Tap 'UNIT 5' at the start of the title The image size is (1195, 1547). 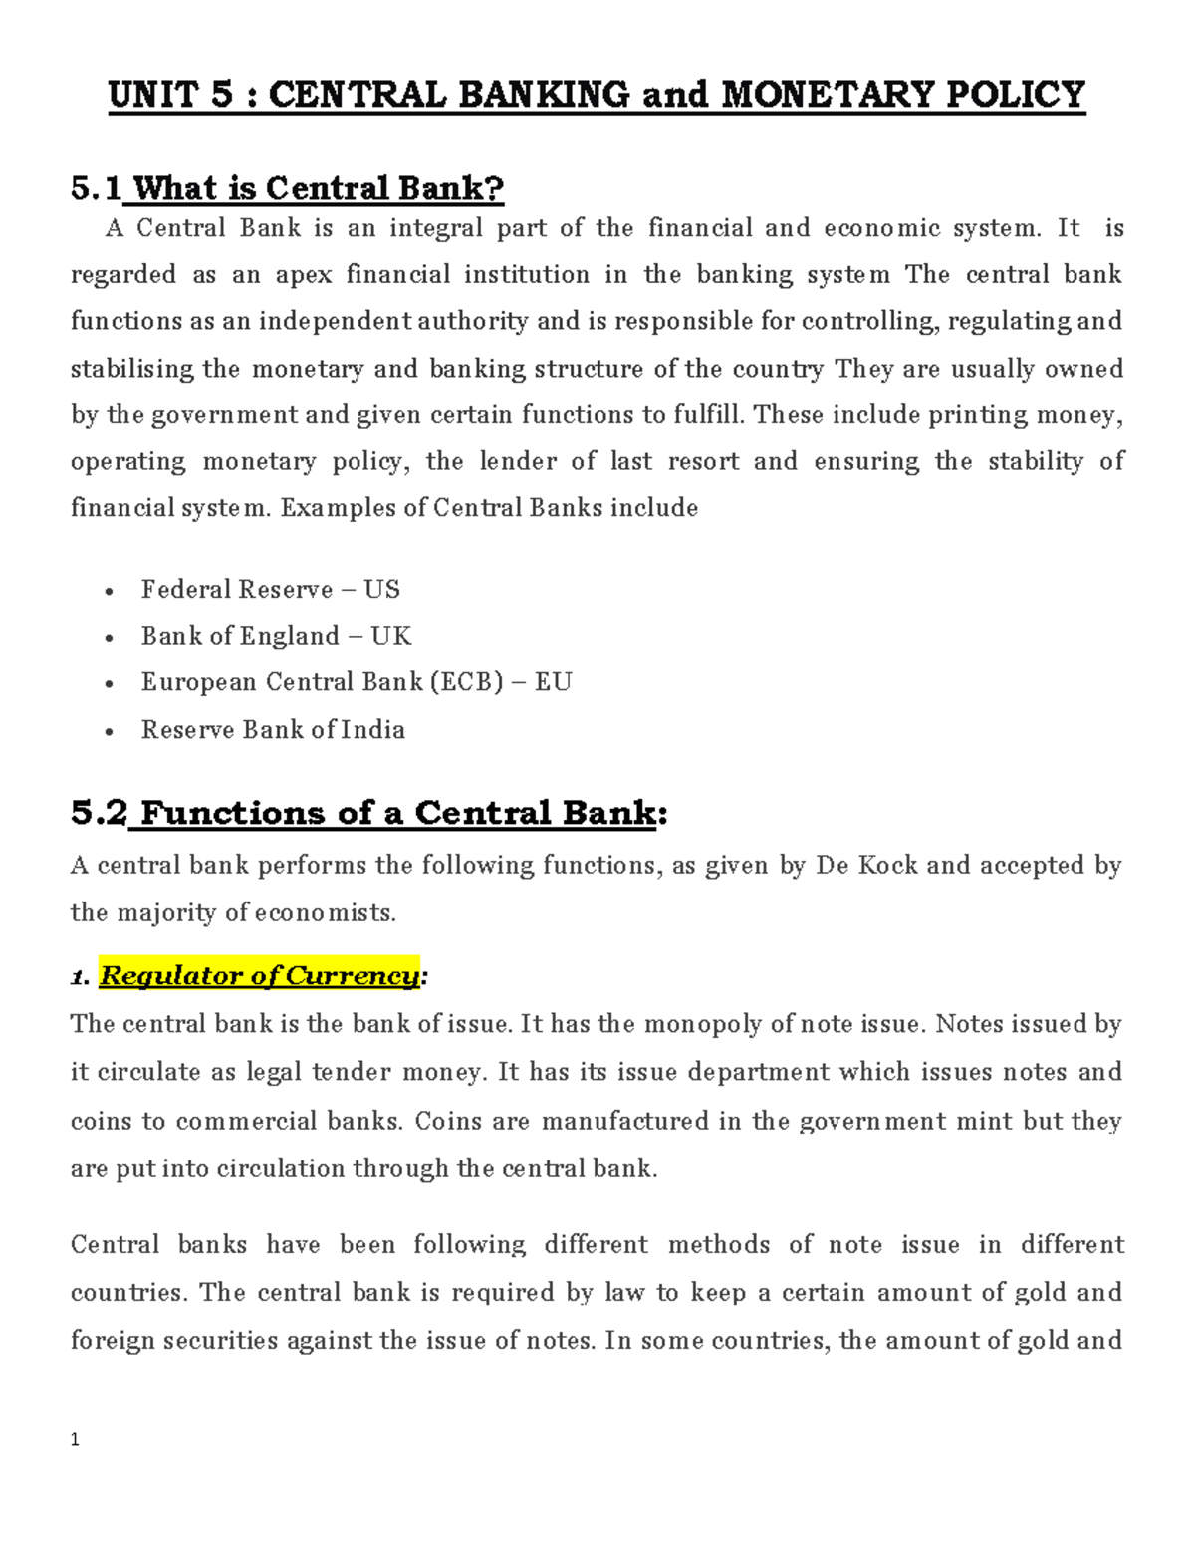tap(170, 95)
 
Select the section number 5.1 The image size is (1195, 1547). tap(96, 188)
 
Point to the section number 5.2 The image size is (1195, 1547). tap(99, 813)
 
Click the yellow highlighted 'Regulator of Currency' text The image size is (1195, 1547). tap(259, 976)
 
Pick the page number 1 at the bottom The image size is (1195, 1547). tap(75, 1440)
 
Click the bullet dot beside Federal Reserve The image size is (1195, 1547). tap(109, 592)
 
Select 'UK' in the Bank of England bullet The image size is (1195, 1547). tap(390, 636)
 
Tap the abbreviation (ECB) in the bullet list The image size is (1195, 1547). tap(466, 682)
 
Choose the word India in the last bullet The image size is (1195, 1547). tap(373, 730)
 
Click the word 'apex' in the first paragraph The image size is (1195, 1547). tap(303, 275)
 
